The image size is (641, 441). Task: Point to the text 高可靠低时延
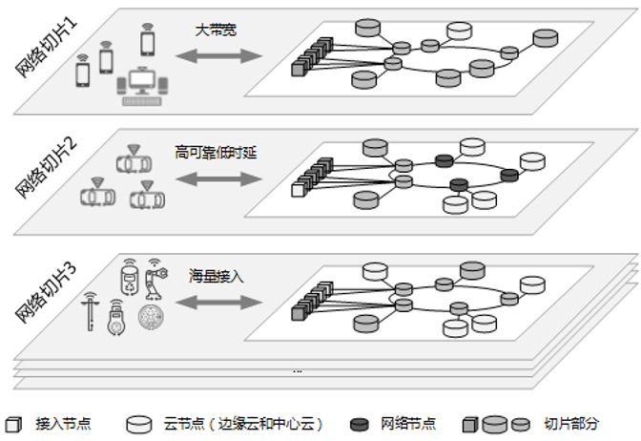[216, 152]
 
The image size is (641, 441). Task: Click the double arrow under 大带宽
[217, 56]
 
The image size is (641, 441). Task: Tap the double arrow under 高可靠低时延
[217, 178]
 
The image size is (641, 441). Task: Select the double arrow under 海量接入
[217, 303]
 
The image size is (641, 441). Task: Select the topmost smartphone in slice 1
[148, 41]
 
